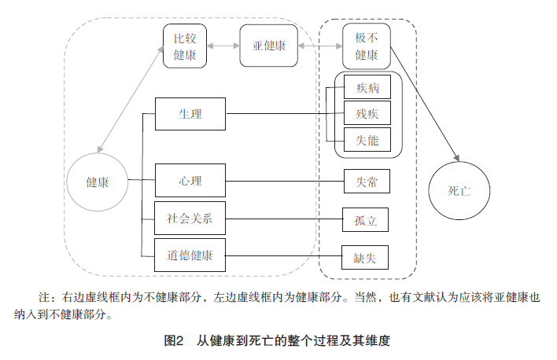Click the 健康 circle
[x=98, y=182]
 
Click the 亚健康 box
[x=268, y=46]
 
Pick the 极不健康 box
[x=367, y=46]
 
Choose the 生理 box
[x=190, y=115]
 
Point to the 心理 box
[x=190, y=181]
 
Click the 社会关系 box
[x=190, y=218]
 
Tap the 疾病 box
[x=367, y=88]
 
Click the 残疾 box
[x=367, y=114]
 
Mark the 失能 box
[x=367, y=141]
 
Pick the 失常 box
[x=367, y=182]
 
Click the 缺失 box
[x=367, y=256]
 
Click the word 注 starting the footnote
[x=44, y=298]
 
